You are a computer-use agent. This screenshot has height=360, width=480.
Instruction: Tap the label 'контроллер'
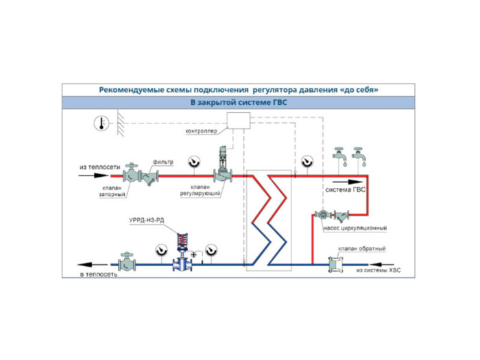tap(200, 130)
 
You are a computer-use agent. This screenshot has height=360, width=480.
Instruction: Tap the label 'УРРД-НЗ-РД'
tap(146, 220)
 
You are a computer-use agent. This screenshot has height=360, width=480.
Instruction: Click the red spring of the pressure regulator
tap(183, 241)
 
